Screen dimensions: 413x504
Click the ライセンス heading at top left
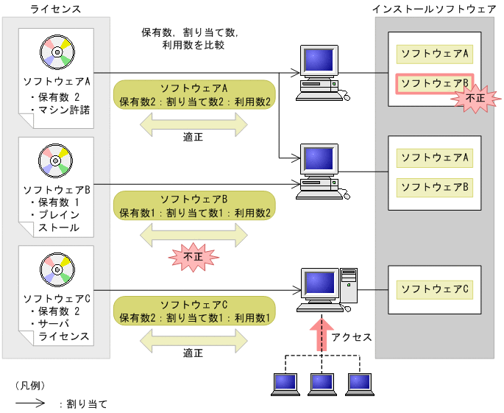pos(56,8)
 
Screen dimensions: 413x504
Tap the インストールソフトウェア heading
pos(434,8)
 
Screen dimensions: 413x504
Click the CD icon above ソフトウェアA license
pos(57,52)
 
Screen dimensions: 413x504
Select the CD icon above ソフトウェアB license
pos(57,160)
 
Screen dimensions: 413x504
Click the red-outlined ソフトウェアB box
pos(434,83)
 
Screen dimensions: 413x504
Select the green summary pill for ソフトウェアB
pos(194,205)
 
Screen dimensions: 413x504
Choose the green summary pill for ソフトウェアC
pos(194,311)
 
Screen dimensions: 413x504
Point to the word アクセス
pos(352,337)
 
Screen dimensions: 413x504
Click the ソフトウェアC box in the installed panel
pos(434,289)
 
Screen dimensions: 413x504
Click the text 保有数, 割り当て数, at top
pos(190,33)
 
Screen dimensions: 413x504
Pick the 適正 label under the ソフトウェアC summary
pos(194,353)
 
